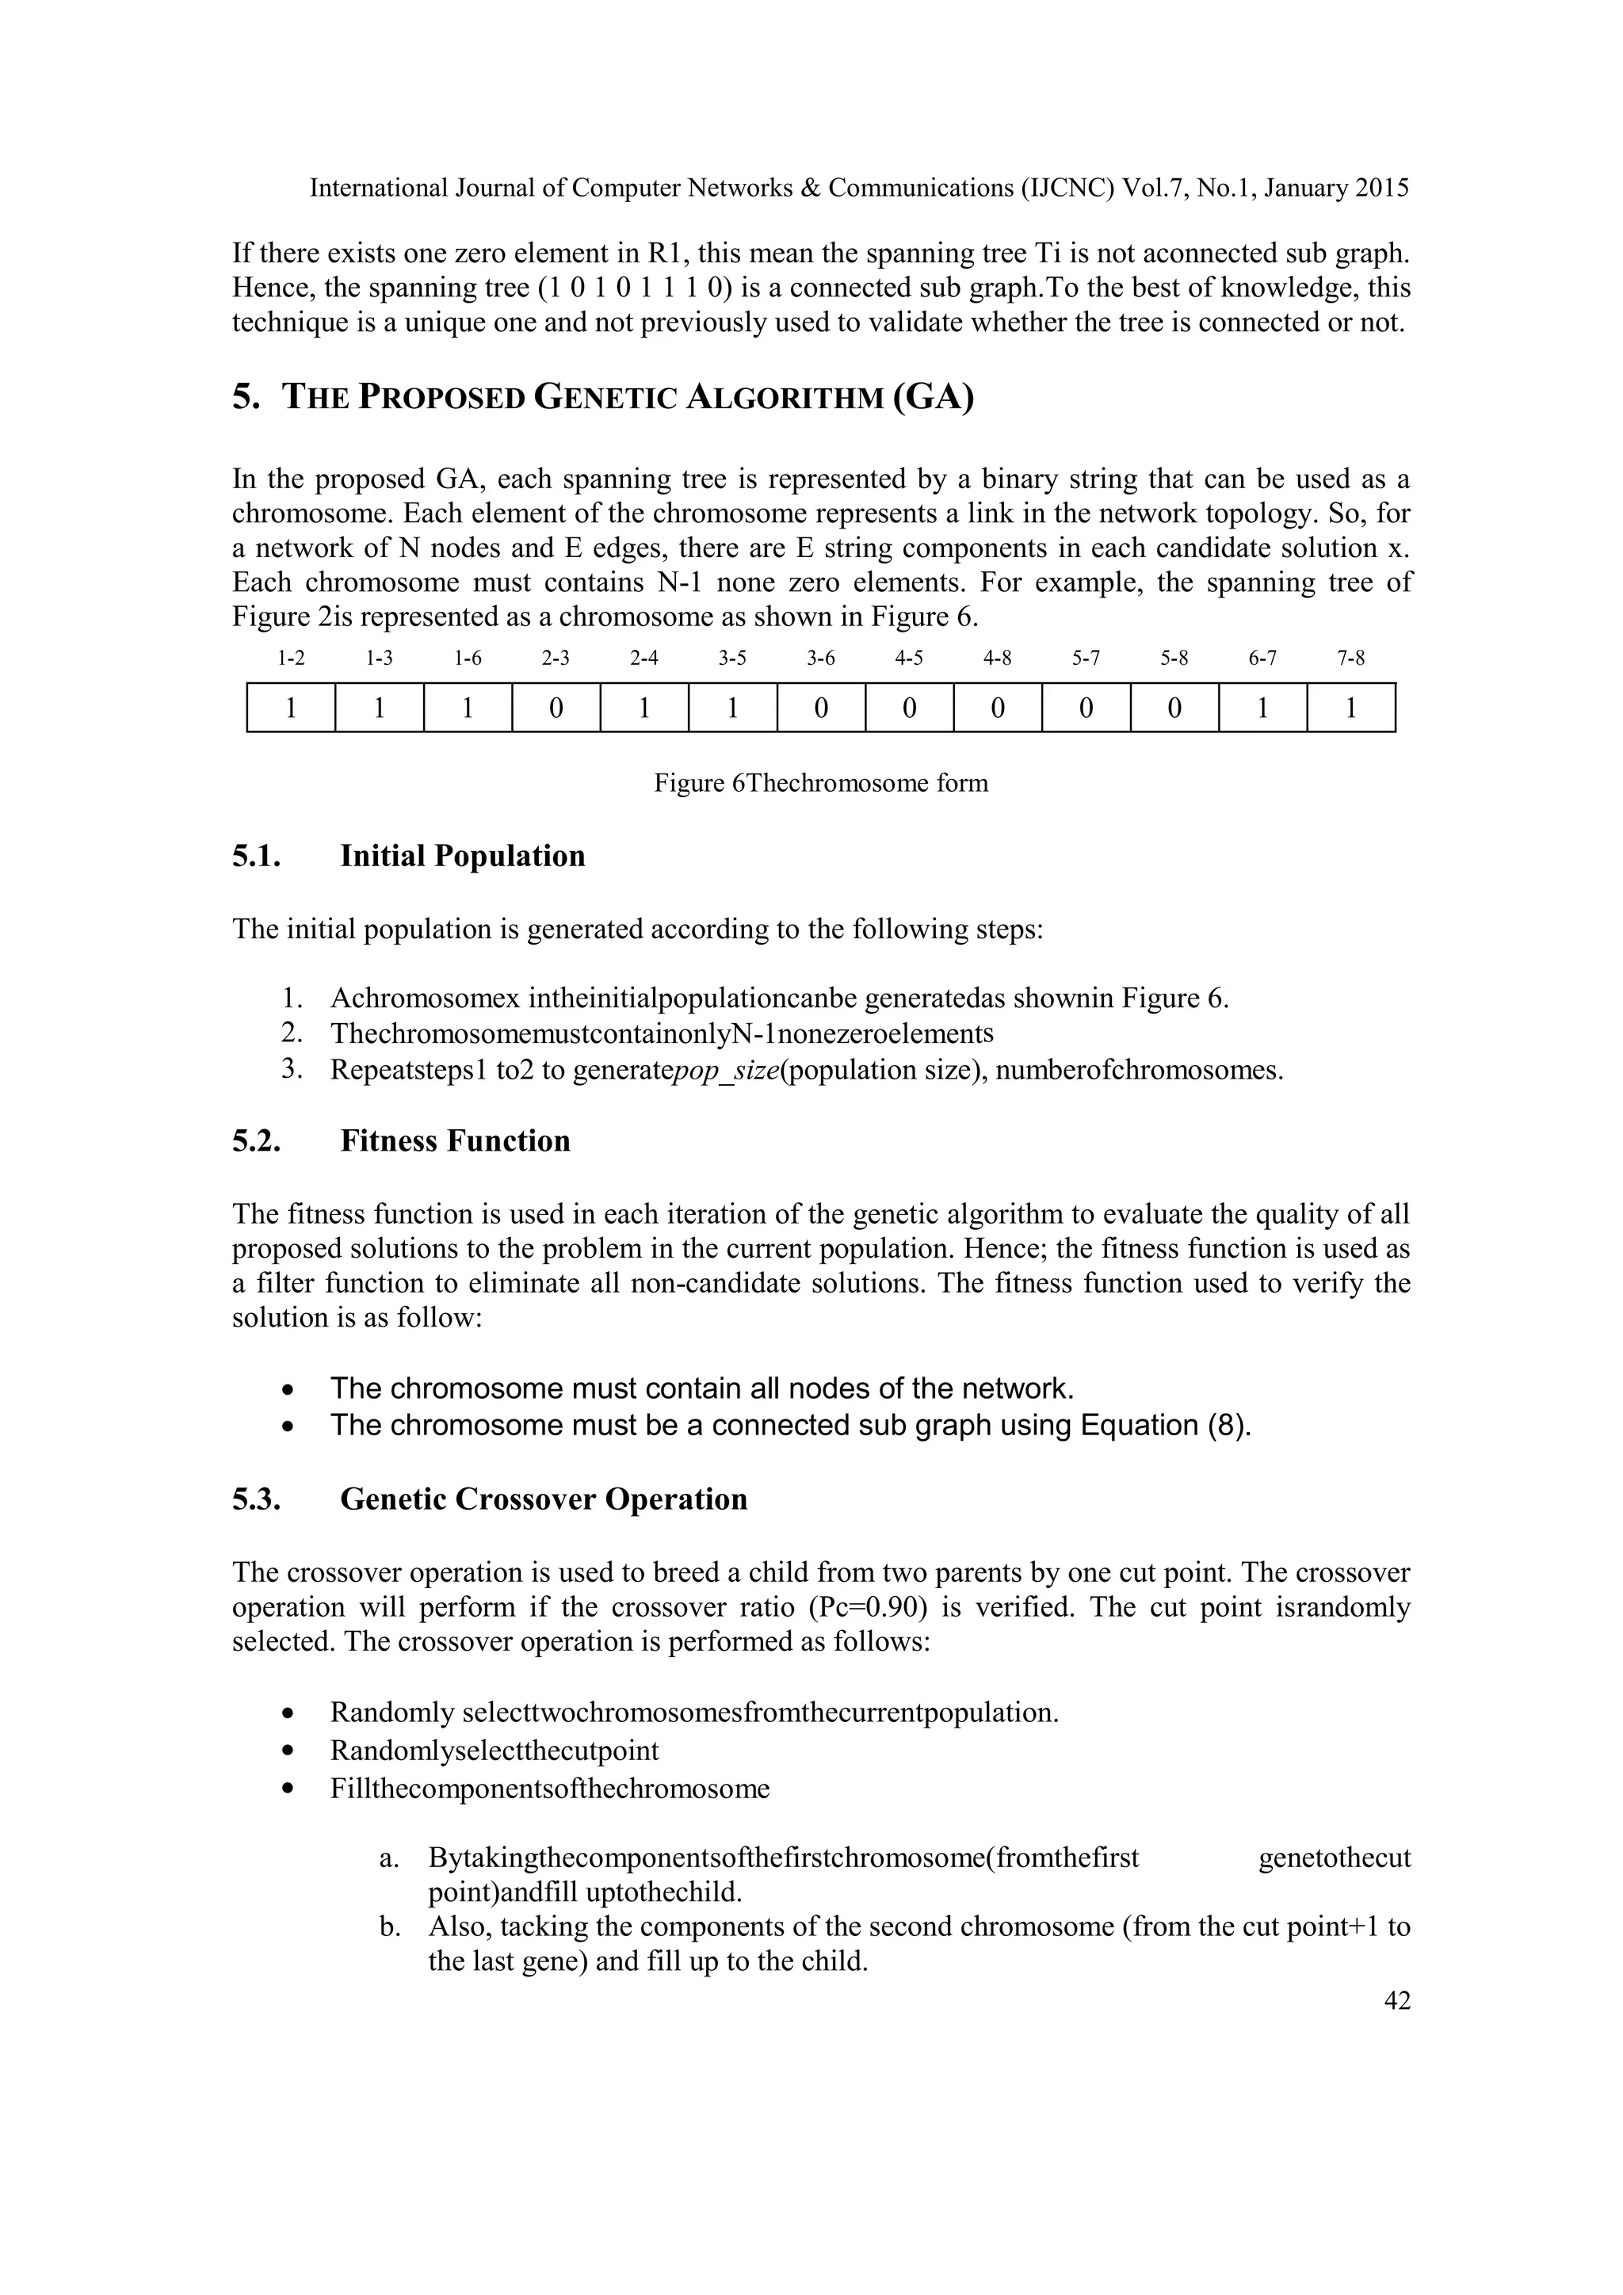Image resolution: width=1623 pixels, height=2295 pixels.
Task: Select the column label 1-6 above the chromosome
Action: pyautogui.click(x=468, y=658)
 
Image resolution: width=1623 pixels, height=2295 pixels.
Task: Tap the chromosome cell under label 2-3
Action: pyautogui.click(x=556, y=708)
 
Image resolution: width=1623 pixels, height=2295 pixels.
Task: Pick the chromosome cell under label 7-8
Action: pyautogui.click(x=1350, y=708)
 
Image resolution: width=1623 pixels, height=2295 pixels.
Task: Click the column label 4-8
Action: pyautogui.click(x=998, y=658)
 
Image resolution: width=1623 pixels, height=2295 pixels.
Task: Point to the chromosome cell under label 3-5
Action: pyautogui.click(x=732, y=708)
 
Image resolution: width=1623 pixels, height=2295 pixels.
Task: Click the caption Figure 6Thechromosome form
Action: pyautogui.click(x=820, y=783)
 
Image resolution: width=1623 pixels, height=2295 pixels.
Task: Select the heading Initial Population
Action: pyautogui.click(x=463, y=857)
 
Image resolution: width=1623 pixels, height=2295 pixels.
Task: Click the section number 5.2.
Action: pyautogui.click(x=256, y=1141)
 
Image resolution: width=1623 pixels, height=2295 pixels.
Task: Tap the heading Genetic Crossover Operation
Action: pyautogui.click(x=544, y=1499)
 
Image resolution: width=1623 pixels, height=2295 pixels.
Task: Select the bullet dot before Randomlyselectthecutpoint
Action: pyautogui.click(x=288, y=1751)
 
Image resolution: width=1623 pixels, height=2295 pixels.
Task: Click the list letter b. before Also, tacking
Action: pyautogui.click(x=390, y=1927)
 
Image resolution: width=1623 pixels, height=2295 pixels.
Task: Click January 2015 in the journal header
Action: pyautogui.click(x=1336, y=188)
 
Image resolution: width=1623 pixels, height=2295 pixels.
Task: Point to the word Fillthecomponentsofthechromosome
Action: pyautogui.click(x=550, y=1789)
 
